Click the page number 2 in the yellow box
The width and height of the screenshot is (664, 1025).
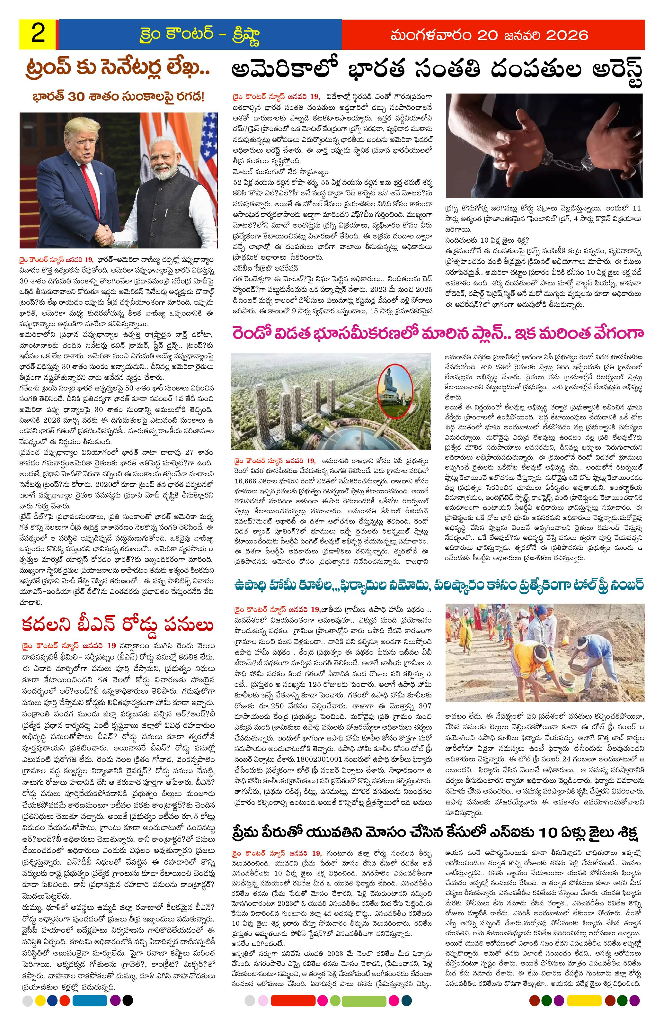[38, 34]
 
